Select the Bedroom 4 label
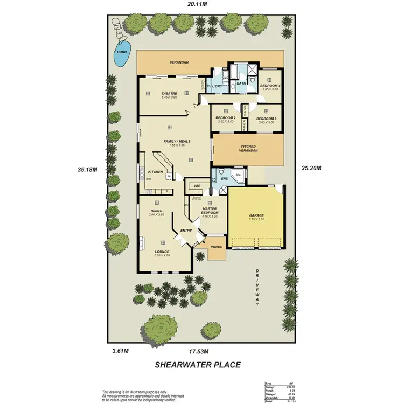[x=270, y=86]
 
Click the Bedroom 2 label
[x=226, y=118]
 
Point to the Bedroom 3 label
[x=266, y=119]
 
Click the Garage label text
[x=256, y=215]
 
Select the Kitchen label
[x=155, y=172]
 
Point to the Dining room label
[x=156, y=211]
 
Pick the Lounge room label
[x=162, y=252]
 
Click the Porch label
[x=217, y=247]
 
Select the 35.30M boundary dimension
[x=311, y=168]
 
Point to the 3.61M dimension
[x=120, y=351]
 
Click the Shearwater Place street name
[x=198, y=365]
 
